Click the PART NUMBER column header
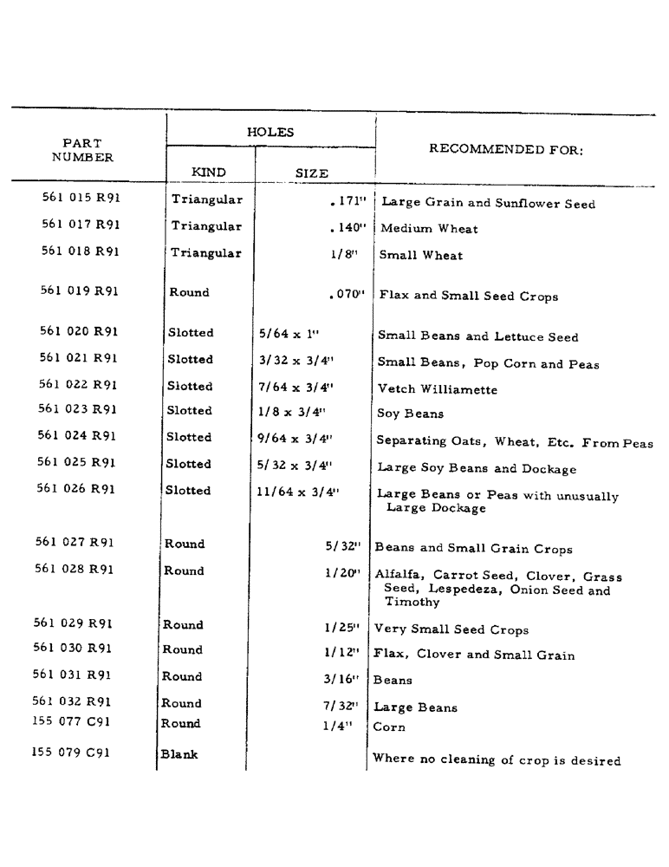tap(82, 150)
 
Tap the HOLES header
tap(270, 133)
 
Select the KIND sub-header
tap(208, 173)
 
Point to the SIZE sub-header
tap(312, 173)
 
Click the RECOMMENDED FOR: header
tap(507, 149)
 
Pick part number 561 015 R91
tap(81, 198)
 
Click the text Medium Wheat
tap(429, 230)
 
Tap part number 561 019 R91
tap(80, 291)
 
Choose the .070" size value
tap(347, 295)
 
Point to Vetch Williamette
tap(438, 390)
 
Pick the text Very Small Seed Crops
tap(451, 630)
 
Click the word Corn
tap(389, 727)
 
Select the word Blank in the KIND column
tap(179, 754)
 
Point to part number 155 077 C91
tap(72, 721)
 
